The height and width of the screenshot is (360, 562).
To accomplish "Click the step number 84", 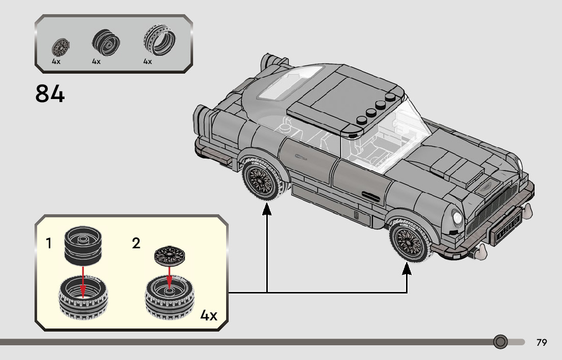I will coord(50,94).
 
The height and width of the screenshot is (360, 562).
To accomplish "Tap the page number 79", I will coord(542,343).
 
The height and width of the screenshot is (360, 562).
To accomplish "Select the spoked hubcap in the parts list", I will coord(61,47).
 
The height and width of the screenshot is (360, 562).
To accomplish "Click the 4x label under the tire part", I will coord(147,61).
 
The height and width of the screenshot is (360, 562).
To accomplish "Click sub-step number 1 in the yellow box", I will coord(49,244).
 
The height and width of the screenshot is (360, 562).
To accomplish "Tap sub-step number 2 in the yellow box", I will coord(136,243).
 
